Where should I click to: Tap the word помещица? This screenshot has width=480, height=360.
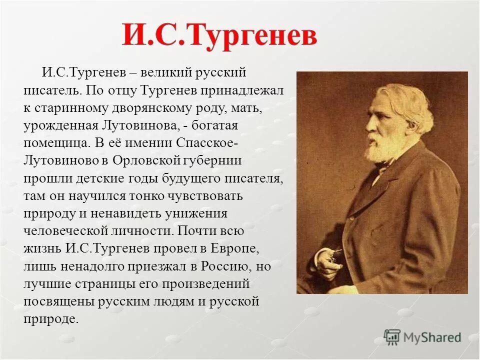pyautogui.click(x=55, y=143)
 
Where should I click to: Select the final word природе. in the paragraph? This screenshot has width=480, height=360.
pyautogui.click(x=51, y=318)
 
